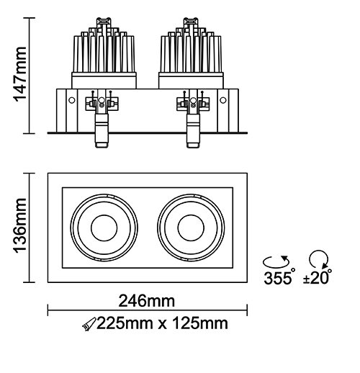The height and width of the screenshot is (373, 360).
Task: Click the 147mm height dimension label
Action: (19, 74)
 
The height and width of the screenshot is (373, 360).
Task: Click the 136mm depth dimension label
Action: (19, 225)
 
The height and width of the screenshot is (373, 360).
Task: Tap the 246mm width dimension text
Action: (147, 301)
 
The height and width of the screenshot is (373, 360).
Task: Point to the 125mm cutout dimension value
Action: (200, 323)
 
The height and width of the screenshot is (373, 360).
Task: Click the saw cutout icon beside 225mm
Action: (89, 324)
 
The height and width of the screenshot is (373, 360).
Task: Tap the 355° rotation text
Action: (279, 277)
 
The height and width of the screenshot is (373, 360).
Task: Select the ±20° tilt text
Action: (318, 277)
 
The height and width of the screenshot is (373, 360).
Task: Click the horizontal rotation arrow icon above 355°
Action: (276, 262)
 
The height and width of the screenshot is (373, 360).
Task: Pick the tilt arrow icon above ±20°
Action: (319, 259)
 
